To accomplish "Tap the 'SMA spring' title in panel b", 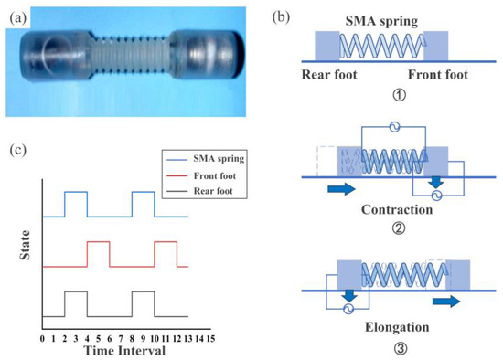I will (x=380, y=19).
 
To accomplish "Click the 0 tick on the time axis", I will (x=42, y=337).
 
